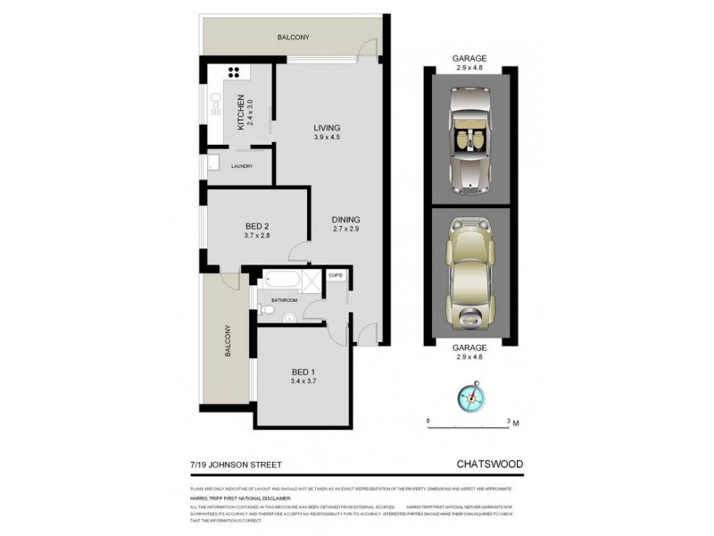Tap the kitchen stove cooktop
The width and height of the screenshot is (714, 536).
pos(237,74)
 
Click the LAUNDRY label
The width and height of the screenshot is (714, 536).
pos(241,167)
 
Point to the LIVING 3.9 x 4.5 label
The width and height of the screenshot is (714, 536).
pos(327,132)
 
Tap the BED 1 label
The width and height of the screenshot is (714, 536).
pos(304,376)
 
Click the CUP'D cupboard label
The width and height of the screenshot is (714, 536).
pos(336,275)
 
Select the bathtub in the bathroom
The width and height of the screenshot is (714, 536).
pos(274,282)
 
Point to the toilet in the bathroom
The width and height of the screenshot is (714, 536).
pos(266,311)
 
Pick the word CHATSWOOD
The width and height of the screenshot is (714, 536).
pos(490,464)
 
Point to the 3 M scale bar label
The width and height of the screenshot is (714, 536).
pos(511,421)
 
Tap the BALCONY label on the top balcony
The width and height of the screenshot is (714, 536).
pos(293,37)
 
